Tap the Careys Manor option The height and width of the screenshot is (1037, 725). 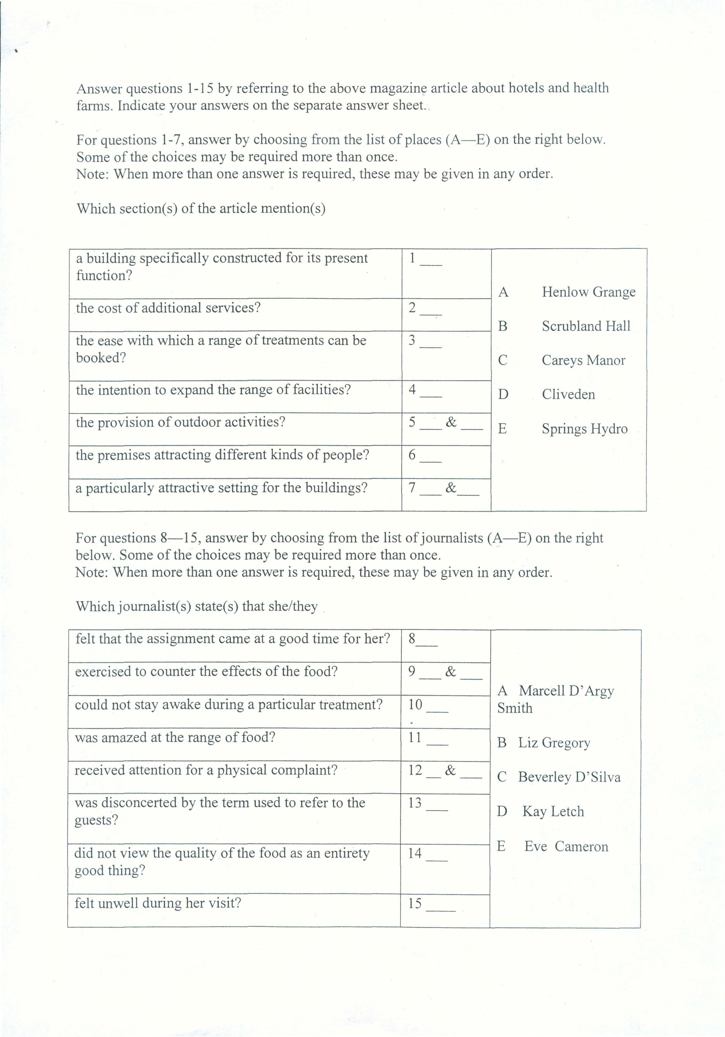(x=583, y=361)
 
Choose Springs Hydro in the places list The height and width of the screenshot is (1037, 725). (x=584, y=429)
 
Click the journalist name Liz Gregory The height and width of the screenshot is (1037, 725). (x=554, y=743)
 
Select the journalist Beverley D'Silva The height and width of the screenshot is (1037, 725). (x=569, y=777)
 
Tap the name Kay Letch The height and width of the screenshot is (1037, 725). (x=553, y=812)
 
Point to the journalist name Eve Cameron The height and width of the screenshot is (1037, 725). (x=566, y=846)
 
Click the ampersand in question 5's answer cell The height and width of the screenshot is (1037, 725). (x=451, y=422)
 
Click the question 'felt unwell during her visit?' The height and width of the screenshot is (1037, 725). (x=158, y=903)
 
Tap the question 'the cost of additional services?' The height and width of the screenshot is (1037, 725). (x=168, y=308)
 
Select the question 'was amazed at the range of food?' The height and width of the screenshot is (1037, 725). (x=175, y=737)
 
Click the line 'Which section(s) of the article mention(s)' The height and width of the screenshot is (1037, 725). (x=201, y=209)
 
